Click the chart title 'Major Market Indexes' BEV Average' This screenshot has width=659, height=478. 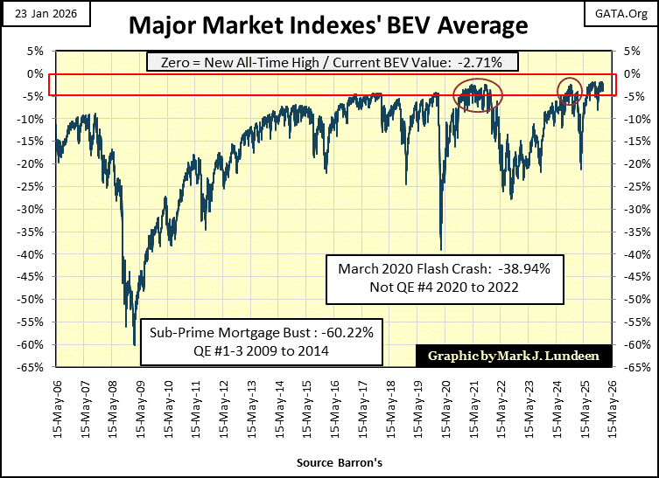pyautogui.click(x=328, y=24)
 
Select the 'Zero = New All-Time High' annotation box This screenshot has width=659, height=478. pyautogui.click(x=328, y=62)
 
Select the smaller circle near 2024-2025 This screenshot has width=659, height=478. pyautogui.click(x=571, y=91)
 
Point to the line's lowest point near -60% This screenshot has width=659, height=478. pyautogui.click(x=134, y=344)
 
